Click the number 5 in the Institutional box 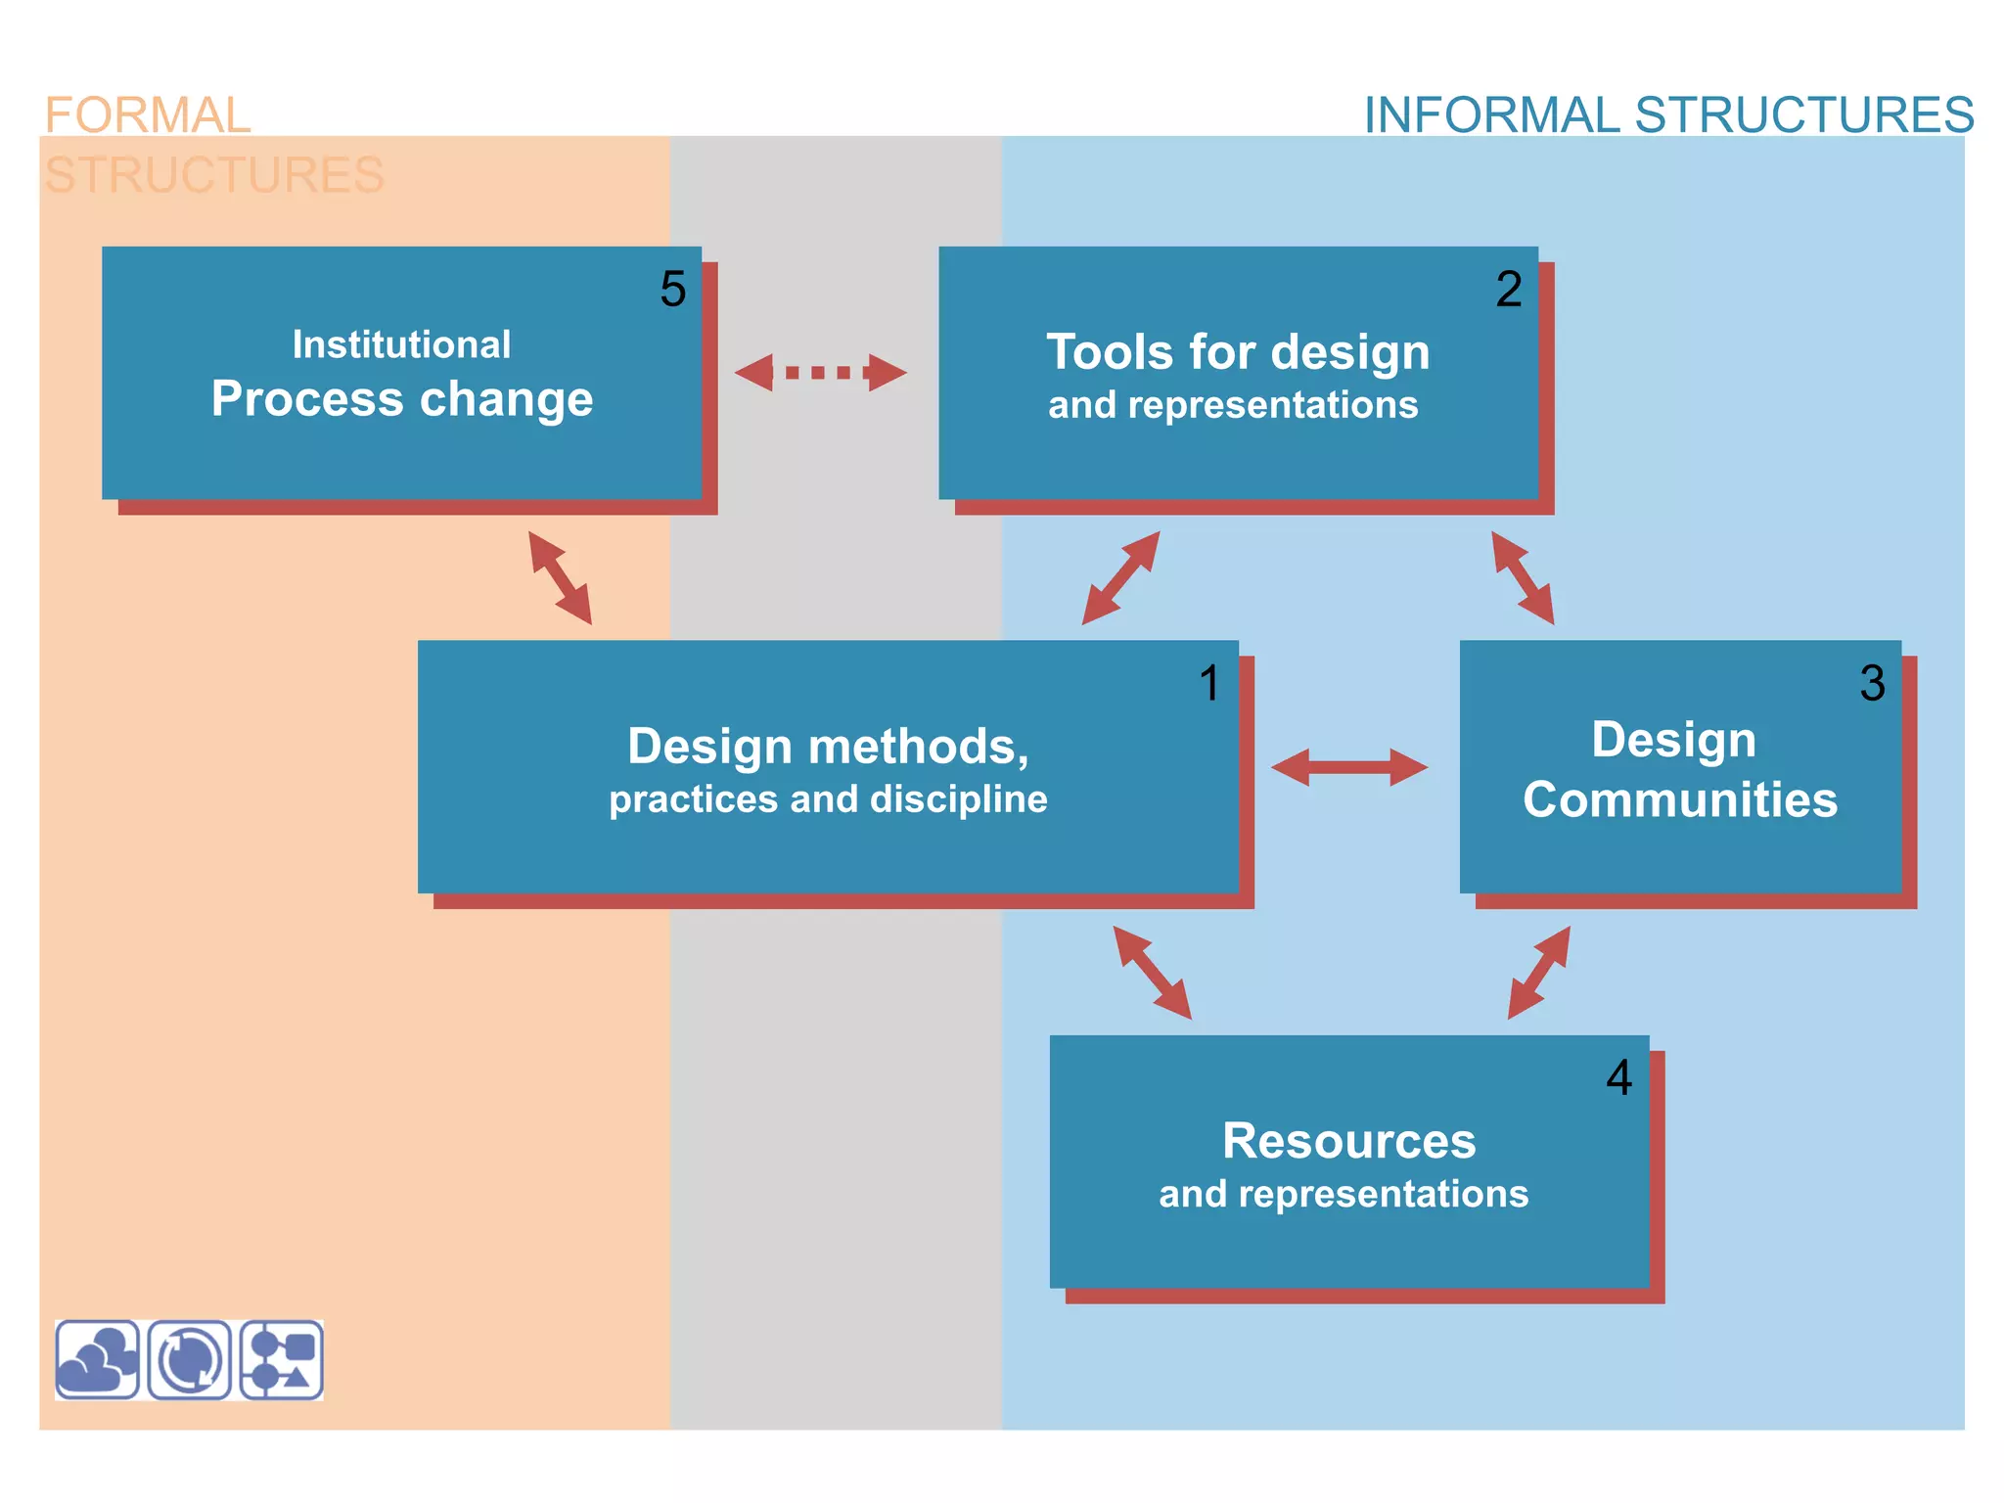tap(673, 289)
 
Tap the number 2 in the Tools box tap(1509, 289)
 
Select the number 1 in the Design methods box tap(1210, 683)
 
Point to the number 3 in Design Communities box tap(1872, 683)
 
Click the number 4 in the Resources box tap(1619, 1077)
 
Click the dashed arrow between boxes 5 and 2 tap(820, 373)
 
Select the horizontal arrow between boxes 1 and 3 tap(1349, 767)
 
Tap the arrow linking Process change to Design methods tap(560, 578)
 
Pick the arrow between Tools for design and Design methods tap(1120, 578)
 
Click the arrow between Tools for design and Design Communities tap(1523, 578)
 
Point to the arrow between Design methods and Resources tap(1152, 973)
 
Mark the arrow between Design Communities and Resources tap(1538, 973)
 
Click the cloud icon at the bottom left tap(97, 1360)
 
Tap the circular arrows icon tap(190, 1360)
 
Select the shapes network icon tap(282, 1360)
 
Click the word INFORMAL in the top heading tap(1492, 115)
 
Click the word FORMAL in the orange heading tap(148, 115)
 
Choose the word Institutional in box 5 tap(401, 344)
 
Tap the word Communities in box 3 tap(1680, 799)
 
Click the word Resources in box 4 tap(1348, 1141)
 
